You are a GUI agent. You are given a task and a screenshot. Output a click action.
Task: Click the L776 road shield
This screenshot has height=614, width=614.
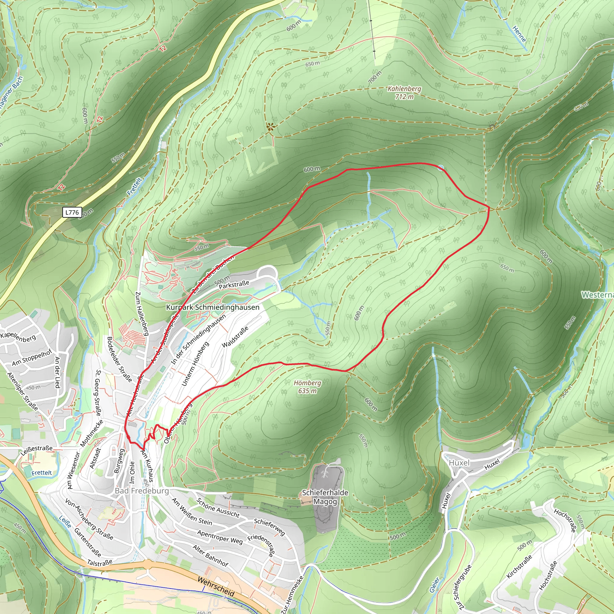[x=72, y=212]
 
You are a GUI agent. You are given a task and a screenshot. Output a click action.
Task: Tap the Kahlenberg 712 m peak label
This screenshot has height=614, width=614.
[x=404, y=92]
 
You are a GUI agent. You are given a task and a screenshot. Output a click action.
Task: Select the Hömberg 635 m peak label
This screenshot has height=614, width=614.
[x=307, y=387]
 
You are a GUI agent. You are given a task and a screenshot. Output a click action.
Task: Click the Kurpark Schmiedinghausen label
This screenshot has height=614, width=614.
[x=213, y=307]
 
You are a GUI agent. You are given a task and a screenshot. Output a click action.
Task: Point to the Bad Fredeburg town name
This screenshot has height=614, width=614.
[x=142, y=491]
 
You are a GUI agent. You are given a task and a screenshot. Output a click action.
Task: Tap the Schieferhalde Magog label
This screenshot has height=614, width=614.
[x=325, y=497]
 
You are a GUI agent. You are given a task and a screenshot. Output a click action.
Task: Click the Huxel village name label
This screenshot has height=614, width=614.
[x=459, y=463]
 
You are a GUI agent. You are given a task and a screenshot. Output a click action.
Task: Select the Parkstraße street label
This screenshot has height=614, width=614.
[x=234, y=285]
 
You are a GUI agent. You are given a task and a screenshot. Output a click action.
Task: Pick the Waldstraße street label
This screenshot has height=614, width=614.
[x=235, y=337]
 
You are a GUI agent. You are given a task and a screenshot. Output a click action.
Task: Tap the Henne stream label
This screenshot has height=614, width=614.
[x=519, y=34]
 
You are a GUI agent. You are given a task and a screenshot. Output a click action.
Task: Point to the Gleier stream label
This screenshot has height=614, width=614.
[x=434, y=585]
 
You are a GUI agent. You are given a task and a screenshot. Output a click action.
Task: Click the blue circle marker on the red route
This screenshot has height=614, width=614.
[x=440, y=168]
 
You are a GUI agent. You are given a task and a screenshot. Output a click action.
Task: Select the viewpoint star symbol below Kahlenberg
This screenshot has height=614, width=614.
[x=270, y=127]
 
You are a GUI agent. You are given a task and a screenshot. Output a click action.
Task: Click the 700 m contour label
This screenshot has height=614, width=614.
[x=375, y=77]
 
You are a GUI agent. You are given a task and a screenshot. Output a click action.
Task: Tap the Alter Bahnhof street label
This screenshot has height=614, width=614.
[x=210, y=556]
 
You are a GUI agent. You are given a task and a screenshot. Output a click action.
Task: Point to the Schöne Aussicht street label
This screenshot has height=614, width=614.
[x=218, y=508]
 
